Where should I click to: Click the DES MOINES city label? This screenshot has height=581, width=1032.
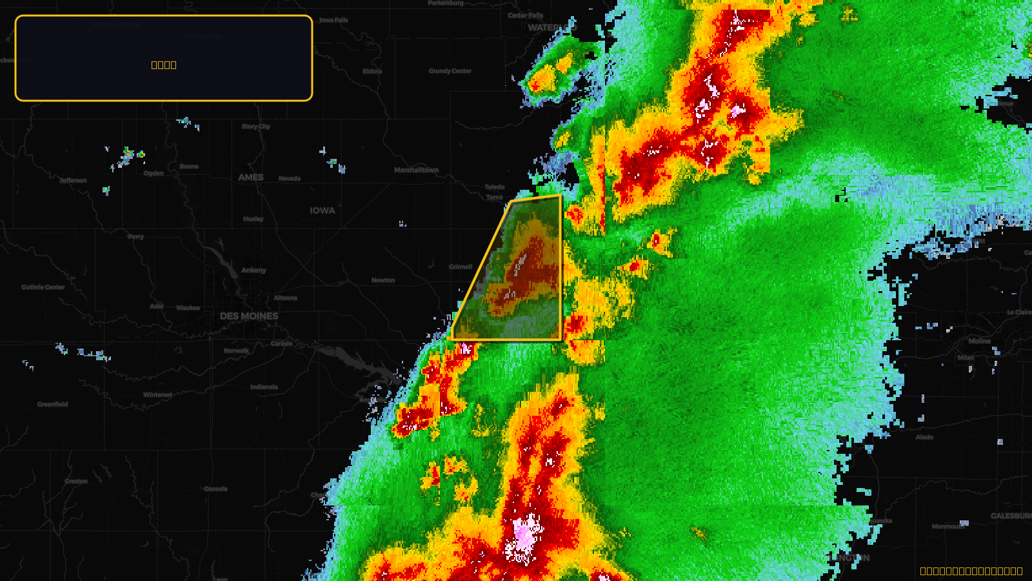[x=249, y=316]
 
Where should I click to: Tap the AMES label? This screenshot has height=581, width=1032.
[x=251, y=178]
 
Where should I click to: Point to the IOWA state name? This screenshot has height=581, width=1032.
[x=322, y=210]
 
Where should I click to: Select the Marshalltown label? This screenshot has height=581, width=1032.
[x=416, y=170]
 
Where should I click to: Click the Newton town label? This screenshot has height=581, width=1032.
[x=383, y=280]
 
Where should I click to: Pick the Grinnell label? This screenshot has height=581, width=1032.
[x=461, y=267]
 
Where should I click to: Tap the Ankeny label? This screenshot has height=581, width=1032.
[x=253, y=270]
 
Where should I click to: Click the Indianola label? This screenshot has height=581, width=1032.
[x=264, y=387]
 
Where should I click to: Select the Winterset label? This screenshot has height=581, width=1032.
[x=157, y=395]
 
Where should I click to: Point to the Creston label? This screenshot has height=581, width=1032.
[x=76, y=482]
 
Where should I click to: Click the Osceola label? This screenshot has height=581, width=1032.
[x=215, y=489]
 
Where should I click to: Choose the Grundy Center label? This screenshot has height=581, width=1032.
[x=450, y=71]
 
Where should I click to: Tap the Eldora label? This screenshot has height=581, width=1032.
[x=372, y=71]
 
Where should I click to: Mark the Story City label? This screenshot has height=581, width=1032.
[x=256, y=127]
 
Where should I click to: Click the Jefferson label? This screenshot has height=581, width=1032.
[x=73, y=181]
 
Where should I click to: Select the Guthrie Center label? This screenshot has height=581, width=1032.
[x=43, y=287]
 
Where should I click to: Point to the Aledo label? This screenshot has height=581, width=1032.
[x=924, y=437]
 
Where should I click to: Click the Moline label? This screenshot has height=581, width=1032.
[x=979, y=341]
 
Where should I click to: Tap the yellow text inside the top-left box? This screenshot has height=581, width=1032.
[x=164, y=65]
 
